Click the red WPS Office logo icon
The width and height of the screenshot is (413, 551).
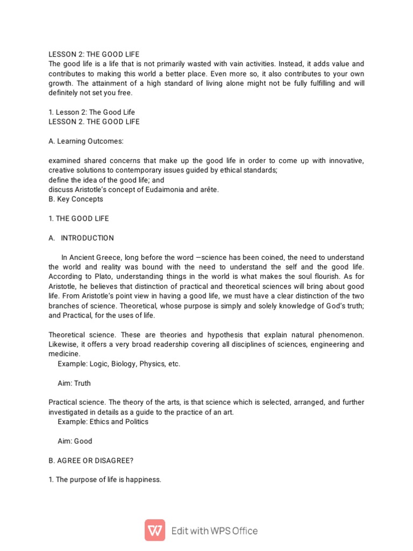tap(155, 531)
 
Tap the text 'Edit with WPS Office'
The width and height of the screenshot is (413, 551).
tap(215, 531)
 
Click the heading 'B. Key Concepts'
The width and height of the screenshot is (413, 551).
tap(76, 199)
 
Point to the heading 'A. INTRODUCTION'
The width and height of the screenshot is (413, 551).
tap(81, 238)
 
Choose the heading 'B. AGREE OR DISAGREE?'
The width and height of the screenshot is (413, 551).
tap(91, 460)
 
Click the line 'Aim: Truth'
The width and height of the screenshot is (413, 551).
tap(74, 383)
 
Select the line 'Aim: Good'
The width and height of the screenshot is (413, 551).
tap(75, 441)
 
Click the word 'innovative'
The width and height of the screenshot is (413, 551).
tap(344, 160)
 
